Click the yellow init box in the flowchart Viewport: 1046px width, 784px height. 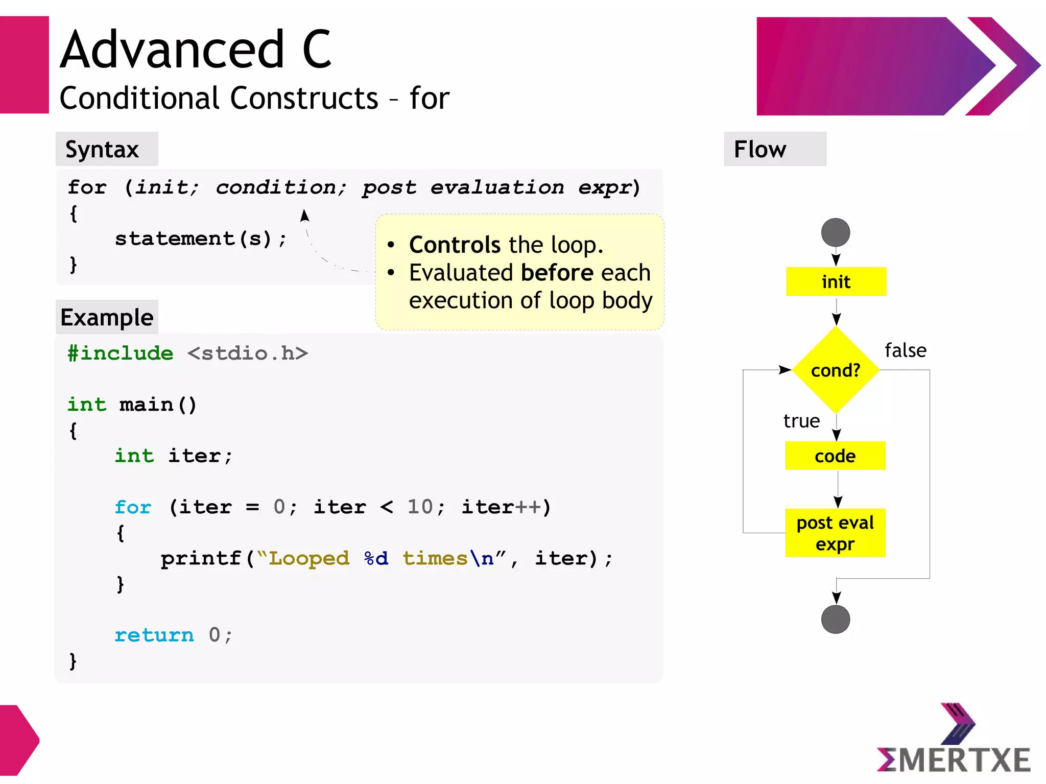[836, 281]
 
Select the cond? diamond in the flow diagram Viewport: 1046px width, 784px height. [836, 370]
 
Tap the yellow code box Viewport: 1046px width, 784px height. [835, 456]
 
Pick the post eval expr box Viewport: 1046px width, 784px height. [835, 533]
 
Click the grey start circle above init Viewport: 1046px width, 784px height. [836, 232]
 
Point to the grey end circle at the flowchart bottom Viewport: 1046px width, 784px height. [836, 620]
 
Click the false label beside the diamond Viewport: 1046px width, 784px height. [906, 351]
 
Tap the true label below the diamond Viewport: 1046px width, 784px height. [801, 421]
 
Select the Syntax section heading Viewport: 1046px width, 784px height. [103, 150]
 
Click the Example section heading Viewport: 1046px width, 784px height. [107, 318]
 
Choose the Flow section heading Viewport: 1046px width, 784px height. [760, 150]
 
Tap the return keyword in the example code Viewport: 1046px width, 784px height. [154, 635]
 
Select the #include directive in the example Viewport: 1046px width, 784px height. [121, 353]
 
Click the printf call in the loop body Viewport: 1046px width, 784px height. [201, 558]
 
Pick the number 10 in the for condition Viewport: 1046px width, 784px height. [420, 507]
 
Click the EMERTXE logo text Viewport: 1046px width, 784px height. [954, 759]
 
